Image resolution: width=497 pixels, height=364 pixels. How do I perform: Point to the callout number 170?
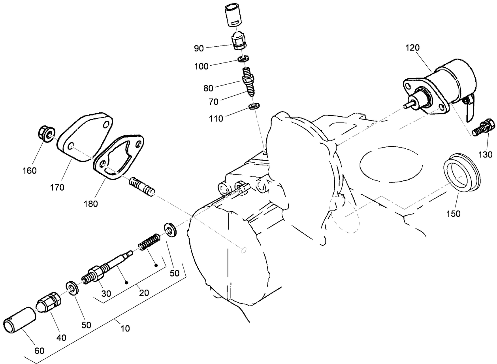tap(57, 188)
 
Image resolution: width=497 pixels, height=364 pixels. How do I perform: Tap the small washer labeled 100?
tap(243, 59)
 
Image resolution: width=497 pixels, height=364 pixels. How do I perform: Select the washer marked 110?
tap(254, 106)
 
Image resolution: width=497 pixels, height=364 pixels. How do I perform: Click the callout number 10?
tap(125, 328)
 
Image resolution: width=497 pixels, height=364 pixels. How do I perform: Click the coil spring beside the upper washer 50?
tap(149, 242)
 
